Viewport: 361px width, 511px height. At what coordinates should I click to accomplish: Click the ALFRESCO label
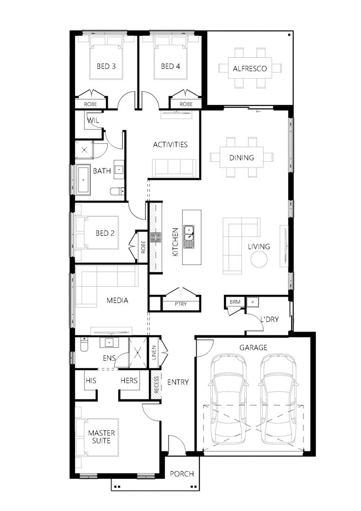tap(249, 69)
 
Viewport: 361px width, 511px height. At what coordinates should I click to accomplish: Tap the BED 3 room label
tap(106, 66)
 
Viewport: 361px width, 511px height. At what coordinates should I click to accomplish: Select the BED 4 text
tap(170, 66)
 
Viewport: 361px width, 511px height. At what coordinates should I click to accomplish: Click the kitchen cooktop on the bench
tap(155, 237)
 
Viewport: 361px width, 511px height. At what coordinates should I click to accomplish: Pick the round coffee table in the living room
tap(259, 259)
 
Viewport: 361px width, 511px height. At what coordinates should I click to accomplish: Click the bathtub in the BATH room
tap(84, 180)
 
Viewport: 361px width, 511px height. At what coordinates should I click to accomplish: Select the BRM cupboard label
tap(234, 301)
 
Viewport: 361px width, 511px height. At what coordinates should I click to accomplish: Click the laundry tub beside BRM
tap(254, 301)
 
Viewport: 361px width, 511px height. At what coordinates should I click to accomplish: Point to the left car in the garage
tap(228, 400)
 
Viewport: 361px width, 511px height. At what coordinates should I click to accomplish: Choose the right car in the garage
tap(278, 400)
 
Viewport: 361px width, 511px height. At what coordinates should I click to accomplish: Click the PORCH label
tap(182, 474)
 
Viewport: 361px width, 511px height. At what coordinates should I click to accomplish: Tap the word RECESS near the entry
tap(155, 385)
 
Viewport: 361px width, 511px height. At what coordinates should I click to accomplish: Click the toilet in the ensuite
tap(84, 346)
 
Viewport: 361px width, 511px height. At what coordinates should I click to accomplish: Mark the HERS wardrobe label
tap(129, 380)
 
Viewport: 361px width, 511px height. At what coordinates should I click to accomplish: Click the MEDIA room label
tap(117, 300)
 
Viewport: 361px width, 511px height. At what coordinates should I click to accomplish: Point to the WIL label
tap(92, 120)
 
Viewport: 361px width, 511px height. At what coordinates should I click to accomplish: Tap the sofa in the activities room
tap(174, 168)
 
